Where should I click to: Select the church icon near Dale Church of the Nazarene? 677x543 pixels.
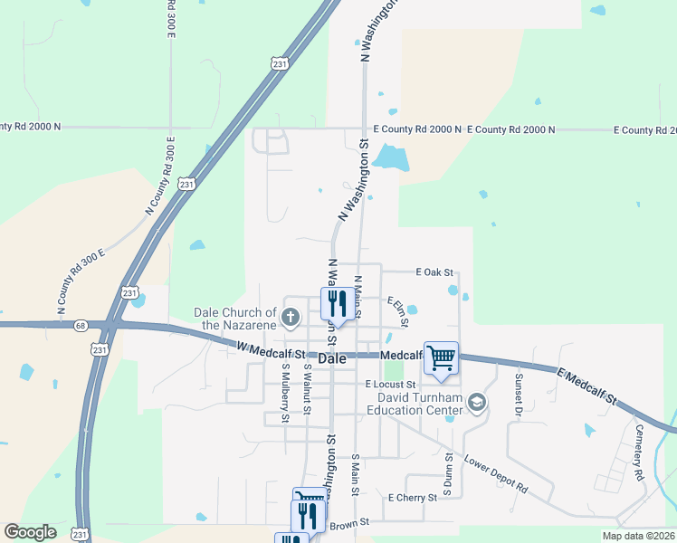tap(290, 317)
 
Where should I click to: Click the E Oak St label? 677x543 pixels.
tap(433, 271)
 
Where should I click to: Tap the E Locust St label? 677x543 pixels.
tap(389, 385)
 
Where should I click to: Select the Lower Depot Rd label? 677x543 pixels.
tap(495, 474)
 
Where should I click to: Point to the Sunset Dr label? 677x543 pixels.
tap(520, 395)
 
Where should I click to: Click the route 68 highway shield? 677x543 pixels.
tap(81, 326)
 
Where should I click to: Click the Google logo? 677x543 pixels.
tap(30, 532)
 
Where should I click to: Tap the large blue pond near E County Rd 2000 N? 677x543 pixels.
tap(391, 159)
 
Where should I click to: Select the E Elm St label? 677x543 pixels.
tap(398, 311)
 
